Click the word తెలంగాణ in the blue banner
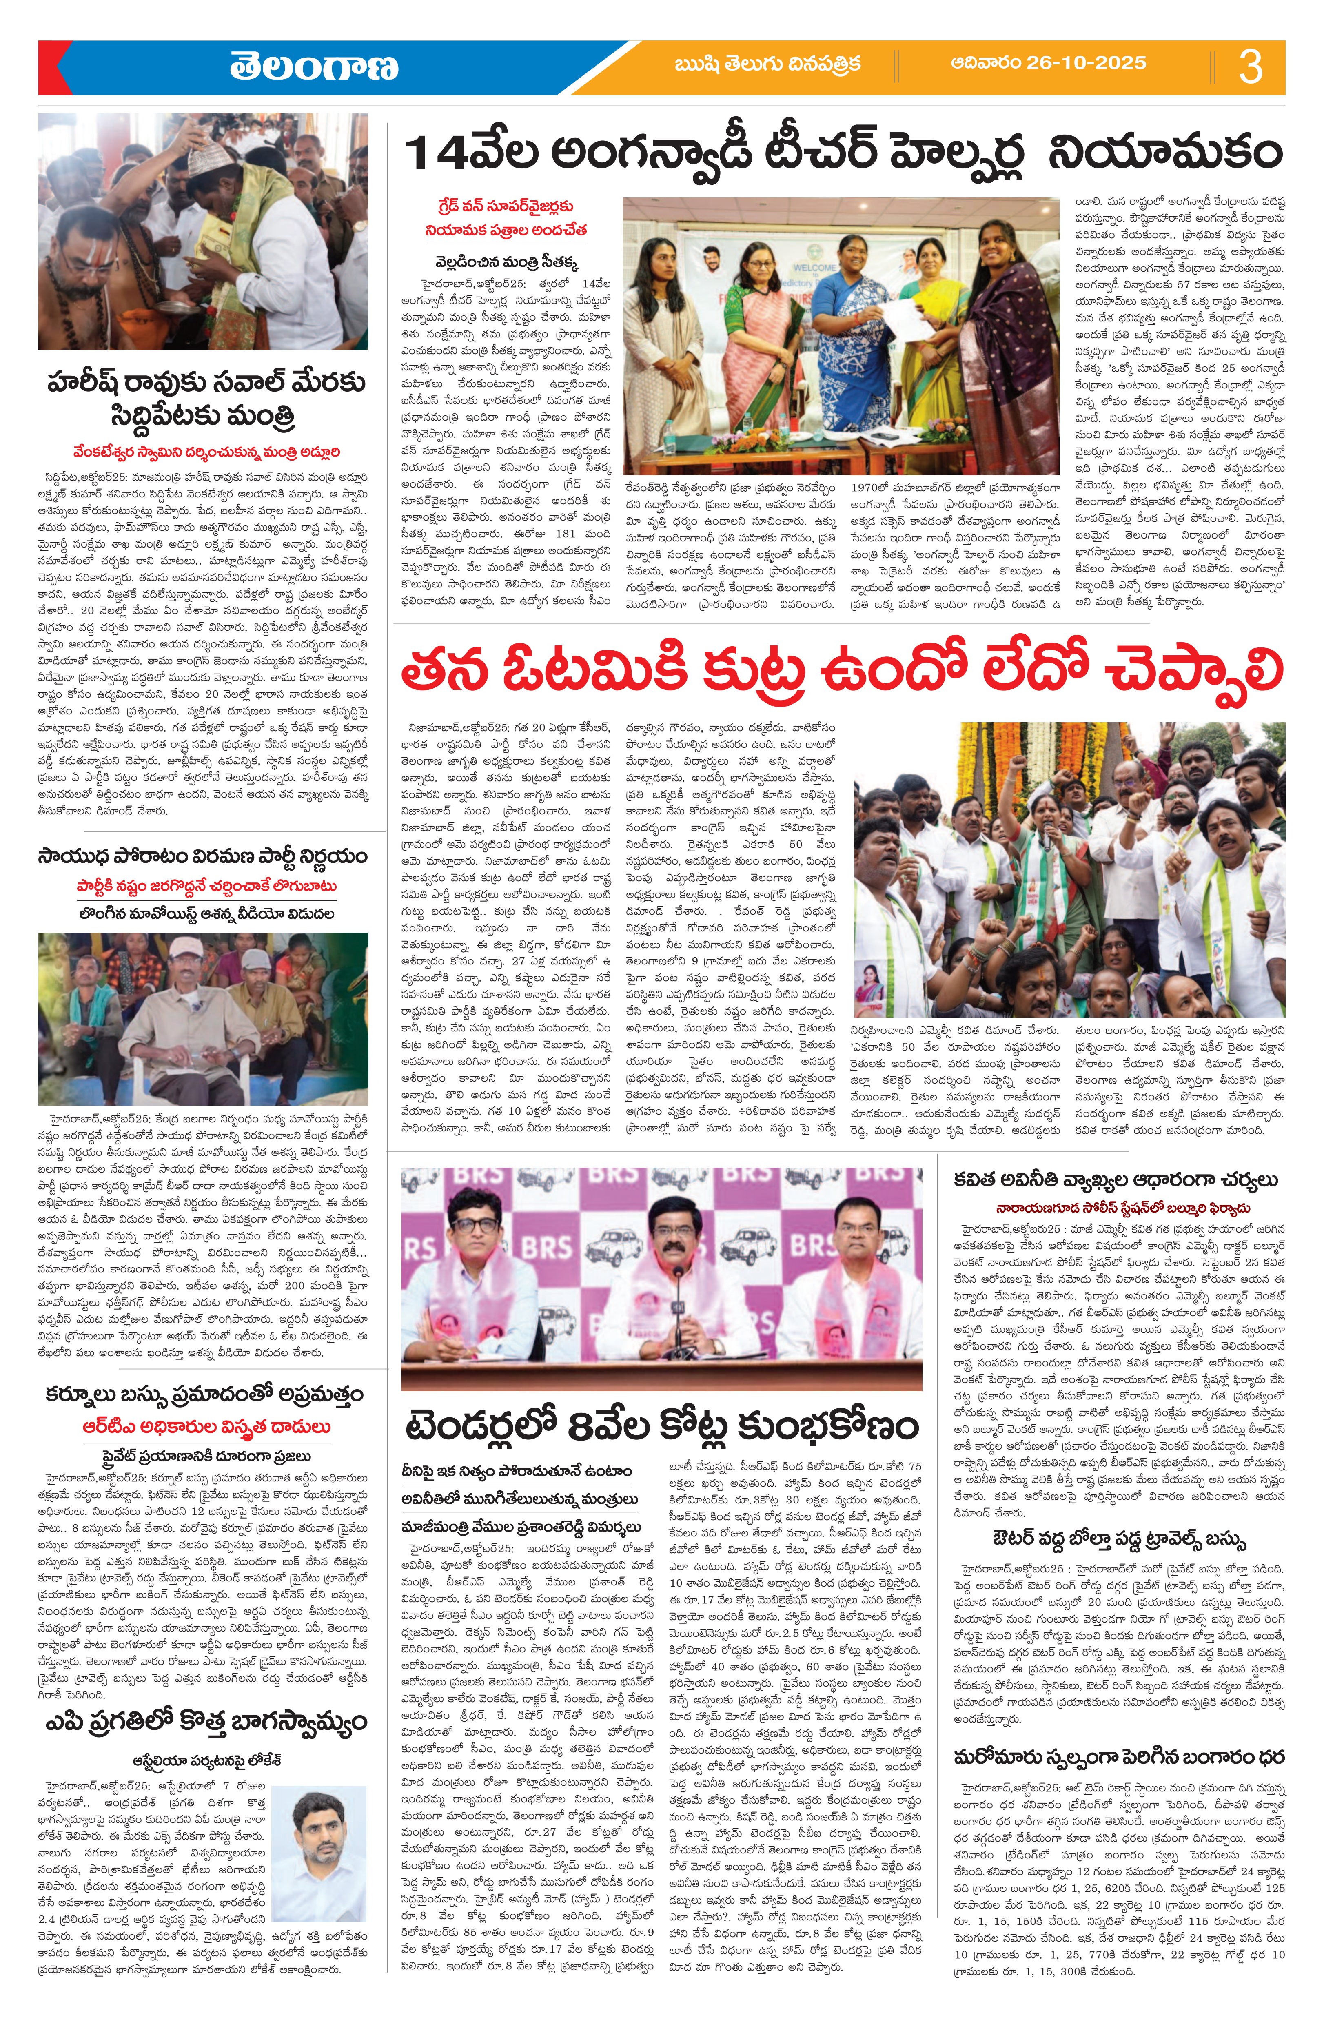pyautogui.click(x=313, y=67)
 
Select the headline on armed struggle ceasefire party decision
pyautogui.click(x=202, y=855)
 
